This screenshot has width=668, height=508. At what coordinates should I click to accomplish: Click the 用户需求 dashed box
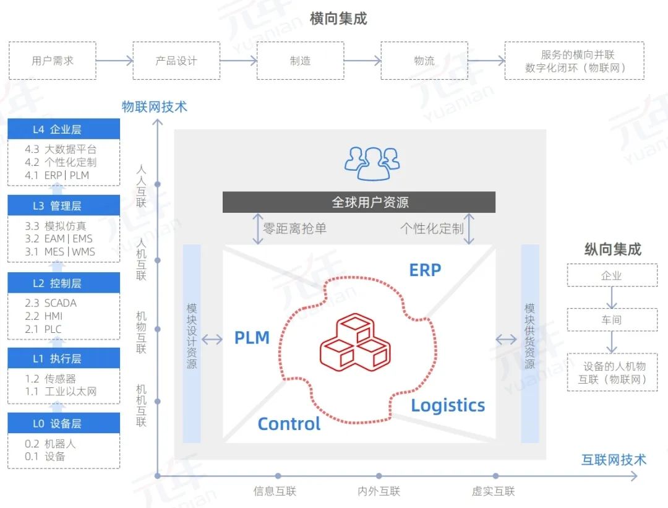click(x=53, y=61)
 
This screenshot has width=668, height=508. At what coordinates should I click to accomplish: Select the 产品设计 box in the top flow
click(x=176, y=61)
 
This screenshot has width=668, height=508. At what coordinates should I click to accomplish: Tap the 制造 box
click(x=300, y=61)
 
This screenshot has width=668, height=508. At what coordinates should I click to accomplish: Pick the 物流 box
click(x=424, y=61)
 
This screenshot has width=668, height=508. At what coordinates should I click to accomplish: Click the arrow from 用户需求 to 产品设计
click(x=114, y=61)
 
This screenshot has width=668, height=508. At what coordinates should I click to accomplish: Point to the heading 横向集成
click(x=338, y=19)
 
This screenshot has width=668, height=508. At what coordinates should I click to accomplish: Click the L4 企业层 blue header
click(x=64, y=129)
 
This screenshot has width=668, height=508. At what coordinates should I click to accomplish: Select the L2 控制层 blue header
click(x=64, y=283)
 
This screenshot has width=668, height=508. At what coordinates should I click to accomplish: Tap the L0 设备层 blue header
click(x=64, y=423)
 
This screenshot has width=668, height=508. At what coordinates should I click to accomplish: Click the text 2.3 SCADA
click(x=51, y=303)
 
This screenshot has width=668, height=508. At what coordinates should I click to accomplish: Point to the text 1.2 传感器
click(x=51, y=379)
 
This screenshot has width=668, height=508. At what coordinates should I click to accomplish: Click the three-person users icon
click(x=372, y=163)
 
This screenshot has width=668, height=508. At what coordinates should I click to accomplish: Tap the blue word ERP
click(x=425, y=270)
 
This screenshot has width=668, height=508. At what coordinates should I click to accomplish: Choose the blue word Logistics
click(x=448, y=406)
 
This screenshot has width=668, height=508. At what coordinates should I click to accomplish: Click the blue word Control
click(x=289, y=424)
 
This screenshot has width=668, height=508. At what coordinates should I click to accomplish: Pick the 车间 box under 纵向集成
click(x=612, y=320)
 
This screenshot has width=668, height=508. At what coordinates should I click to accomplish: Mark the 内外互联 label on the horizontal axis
click(x=379, y=491)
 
